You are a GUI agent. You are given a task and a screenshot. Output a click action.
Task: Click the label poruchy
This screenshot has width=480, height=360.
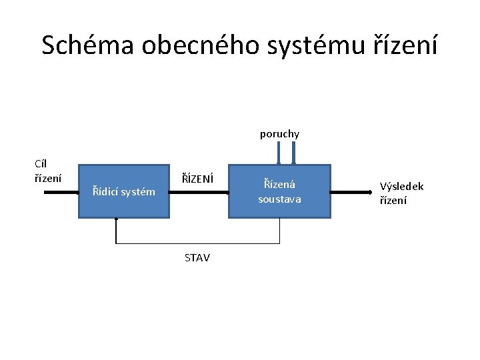279,134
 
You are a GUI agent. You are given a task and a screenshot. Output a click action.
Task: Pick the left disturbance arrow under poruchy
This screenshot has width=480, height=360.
280,153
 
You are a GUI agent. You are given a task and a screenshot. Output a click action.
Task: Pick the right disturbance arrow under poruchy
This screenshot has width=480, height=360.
293,153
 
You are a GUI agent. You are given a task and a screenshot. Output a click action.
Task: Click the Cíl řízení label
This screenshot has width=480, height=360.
47,171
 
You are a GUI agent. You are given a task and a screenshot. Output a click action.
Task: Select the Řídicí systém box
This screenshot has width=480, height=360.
123,191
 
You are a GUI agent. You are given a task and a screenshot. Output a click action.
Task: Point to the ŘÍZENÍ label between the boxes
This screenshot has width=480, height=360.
198,179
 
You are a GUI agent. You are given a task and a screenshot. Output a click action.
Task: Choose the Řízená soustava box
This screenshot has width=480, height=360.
279,191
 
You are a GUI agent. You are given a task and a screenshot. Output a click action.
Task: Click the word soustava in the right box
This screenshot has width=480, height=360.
279,199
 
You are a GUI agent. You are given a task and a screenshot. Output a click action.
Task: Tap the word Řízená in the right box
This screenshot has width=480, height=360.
279,184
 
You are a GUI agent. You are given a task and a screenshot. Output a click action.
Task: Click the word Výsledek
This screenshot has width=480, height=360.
401,187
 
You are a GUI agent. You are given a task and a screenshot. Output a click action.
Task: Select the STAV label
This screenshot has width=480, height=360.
197,257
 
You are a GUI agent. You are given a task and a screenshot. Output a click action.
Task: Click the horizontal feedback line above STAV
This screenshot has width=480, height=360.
197,243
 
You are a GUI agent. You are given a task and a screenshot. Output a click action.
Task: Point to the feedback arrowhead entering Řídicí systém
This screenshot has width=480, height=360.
116,220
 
